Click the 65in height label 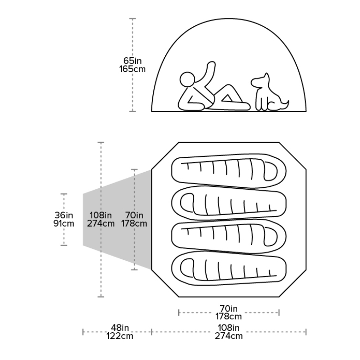132,60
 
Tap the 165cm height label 132,69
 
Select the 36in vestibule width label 64,215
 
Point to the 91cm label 64,223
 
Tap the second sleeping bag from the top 228,202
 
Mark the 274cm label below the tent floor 229,336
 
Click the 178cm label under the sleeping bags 229,316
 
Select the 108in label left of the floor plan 101,215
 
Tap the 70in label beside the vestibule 134,215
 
